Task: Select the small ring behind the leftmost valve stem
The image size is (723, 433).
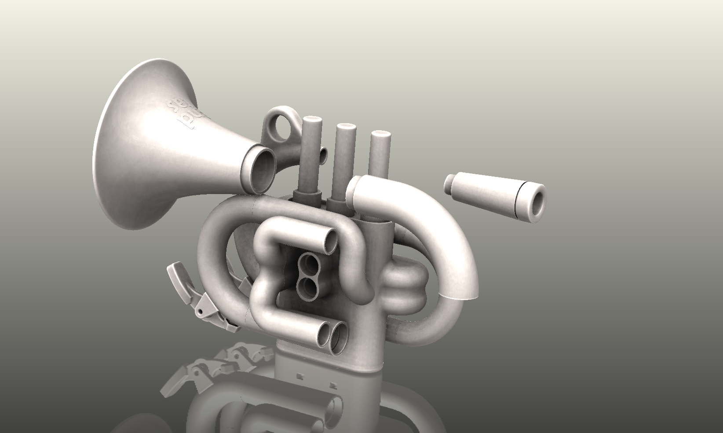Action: [x=324, y=155]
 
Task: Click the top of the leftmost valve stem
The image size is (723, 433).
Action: [x=313, y=121]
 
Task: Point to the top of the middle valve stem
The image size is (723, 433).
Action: [x=346, y=128]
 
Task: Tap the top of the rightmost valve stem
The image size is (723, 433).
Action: [x=380, y=135]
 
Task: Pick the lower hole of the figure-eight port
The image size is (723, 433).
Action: [x=310, y=288]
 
